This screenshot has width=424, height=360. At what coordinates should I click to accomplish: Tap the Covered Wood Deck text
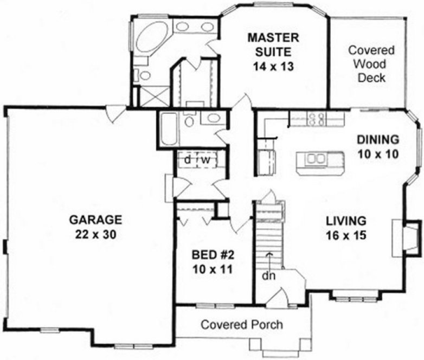click(371, 64)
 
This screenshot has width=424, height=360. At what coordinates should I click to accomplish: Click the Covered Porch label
click(241, 325)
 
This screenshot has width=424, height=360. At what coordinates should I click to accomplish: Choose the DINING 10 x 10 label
click(378, 146)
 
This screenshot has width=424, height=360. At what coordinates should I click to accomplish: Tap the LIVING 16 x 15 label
click(346, 228)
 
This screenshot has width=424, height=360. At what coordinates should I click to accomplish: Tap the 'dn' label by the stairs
click(268, 275)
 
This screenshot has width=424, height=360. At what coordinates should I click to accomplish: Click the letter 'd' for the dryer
click(187, 160)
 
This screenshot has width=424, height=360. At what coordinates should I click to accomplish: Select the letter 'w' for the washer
click(206, 160)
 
